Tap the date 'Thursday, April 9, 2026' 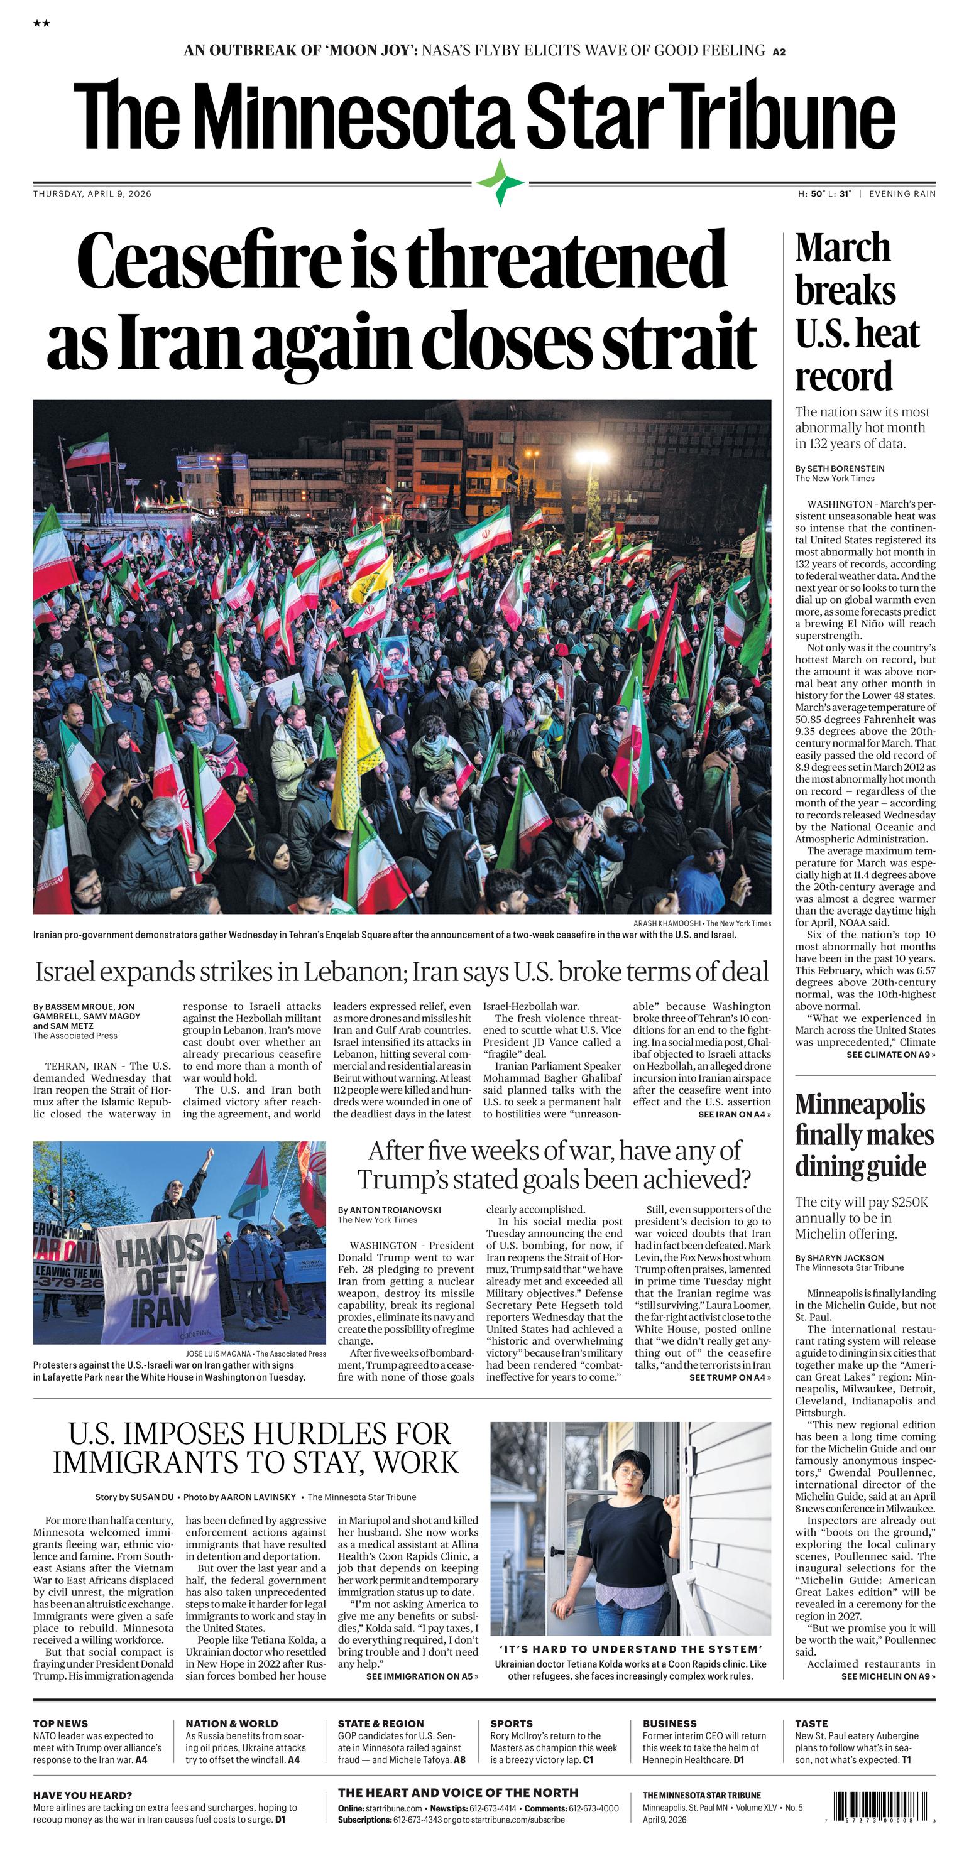pos(92,193)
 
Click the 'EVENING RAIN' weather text pos(902,193)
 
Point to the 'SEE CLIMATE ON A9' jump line pos(890,1054)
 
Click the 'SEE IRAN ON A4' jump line pos(734,1114)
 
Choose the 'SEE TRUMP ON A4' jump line pos(730,1377)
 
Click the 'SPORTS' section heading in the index pos(511,1723)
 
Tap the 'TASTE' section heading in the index pos(811,1723)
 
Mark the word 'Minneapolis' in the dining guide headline pos(860,1104)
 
